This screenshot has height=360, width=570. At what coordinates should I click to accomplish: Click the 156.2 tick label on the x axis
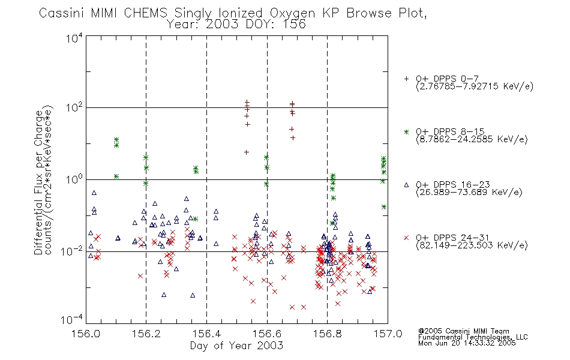click(146, 333)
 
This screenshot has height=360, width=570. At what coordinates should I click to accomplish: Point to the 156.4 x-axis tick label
click(206, 333)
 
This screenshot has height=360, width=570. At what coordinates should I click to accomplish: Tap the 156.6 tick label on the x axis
click(267, 333)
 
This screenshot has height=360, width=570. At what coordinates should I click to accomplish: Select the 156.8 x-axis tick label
click(327, 333)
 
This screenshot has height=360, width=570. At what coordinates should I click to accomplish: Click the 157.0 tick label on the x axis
click(387, 333)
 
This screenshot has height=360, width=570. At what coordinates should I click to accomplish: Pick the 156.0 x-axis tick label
click(86, 333)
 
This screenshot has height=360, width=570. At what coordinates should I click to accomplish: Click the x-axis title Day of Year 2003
click(236, 346)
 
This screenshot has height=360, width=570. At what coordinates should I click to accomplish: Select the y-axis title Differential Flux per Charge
click(38, 182)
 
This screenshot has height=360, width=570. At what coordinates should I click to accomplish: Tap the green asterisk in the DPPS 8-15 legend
click(407, 131)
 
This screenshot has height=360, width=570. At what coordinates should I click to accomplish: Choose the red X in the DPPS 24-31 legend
click(407, 238)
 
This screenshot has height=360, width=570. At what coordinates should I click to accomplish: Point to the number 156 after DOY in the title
click(294, 25)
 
